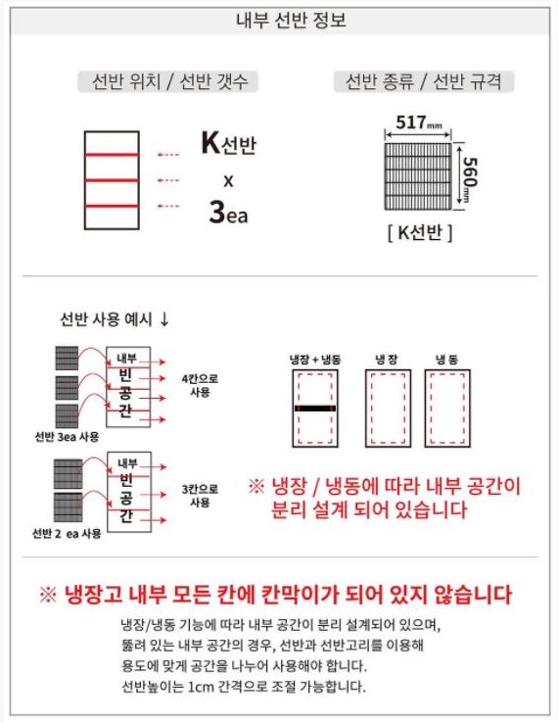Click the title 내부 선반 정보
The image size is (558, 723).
coord(291,21)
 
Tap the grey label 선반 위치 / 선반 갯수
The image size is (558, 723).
coord(168,82)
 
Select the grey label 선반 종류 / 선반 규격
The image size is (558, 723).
coord(424,82)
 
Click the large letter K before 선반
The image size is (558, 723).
coord(210,143)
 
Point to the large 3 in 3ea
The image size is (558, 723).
coord(216,212)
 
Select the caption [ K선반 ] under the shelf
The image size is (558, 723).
coord(420,232)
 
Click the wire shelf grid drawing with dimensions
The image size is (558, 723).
coord(417,176)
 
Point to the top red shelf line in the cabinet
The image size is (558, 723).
coord(112,155)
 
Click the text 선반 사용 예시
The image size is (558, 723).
coord(106,319)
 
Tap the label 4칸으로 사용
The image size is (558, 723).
coord(200,385)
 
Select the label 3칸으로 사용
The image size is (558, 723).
coord(200,495)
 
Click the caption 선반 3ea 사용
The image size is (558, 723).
coord(68,437)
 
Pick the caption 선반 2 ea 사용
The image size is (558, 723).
coord(67,534)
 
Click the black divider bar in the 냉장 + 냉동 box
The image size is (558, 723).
coord(315,409)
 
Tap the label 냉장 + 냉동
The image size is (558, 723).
coord(315,360)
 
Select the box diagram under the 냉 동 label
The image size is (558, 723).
coord(447,409)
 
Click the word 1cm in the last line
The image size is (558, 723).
coord(202,687)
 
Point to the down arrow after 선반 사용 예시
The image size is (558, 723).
coord(164,319)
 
